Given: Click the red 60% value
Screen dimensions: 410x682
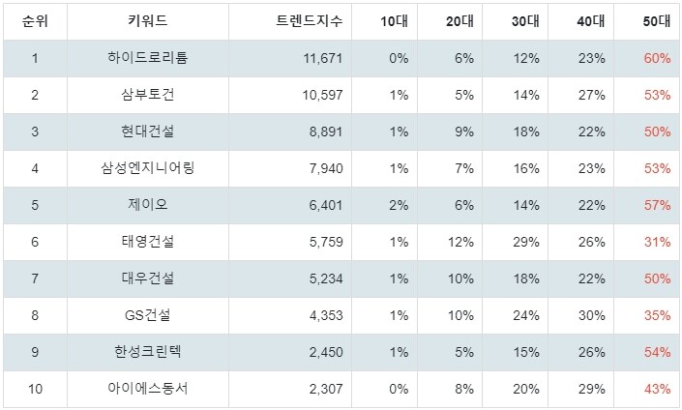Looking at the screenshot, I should (656, 58).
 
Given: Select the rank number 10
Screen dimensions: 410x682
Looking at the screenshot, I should (34, 389).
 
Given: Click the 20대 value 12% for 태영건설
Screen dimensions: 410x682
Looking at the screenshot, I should (460, 242).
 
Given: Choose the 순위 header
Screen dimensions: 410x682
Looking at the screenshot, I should (34, 21).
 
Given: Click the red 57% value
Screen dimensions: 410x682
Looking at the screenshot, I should (656, 205).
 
